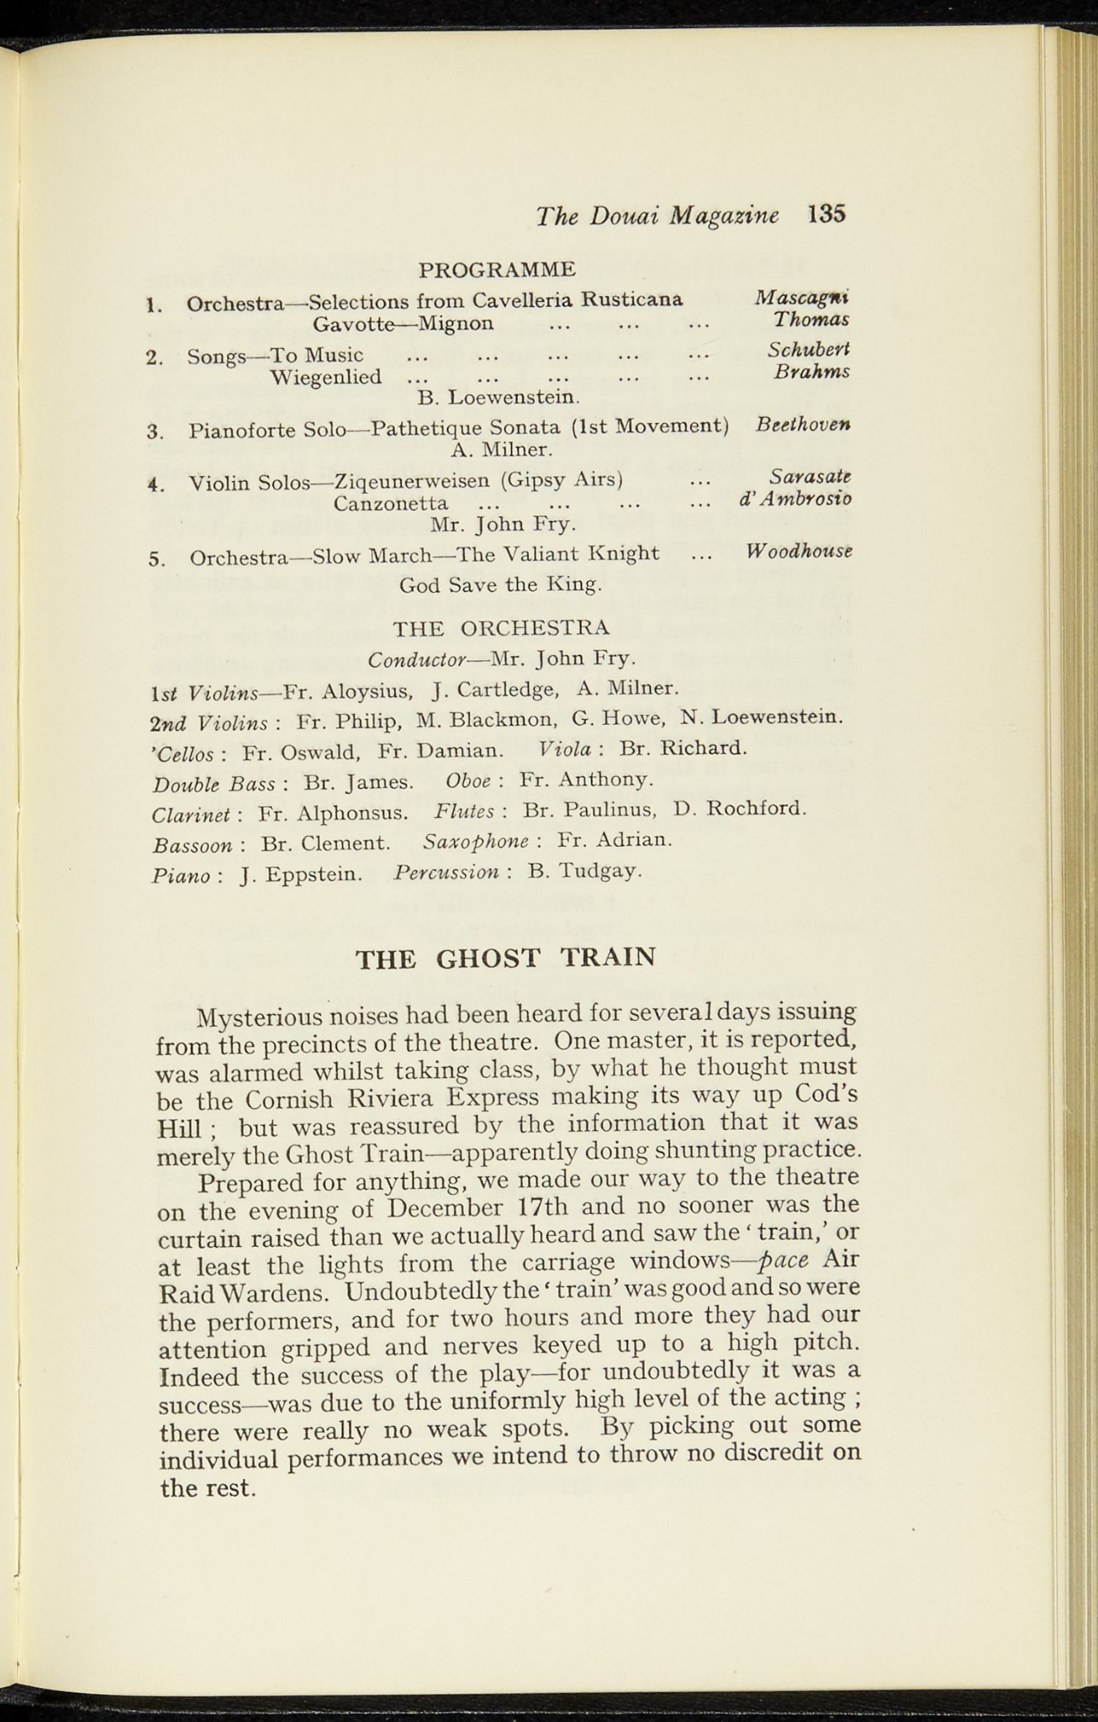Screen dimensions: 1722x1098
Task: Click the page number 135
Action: click(826, 214)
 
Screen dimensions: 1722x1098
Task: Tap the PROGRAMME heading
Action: click(497, 269)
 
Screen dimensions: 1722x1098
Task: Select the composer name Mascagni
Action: click(801, 297)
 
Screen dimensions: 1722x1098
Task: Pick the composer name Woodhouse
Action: click(799, 552)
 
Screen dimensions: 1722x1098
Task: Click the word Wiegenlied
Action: click(325, 377)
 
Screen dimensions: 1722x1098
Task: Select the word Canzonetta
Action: click(390, 504)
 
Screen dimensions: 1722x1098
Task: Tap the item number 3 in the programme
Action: click(154, 432)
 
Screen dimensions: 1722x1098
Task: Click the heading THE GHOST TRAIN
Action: click(505, 958)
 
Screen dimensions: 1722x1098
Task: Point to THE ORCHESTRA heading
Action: click(501, 627)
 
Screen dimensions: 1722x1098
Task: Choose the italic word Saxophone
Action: click(476, 841)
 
